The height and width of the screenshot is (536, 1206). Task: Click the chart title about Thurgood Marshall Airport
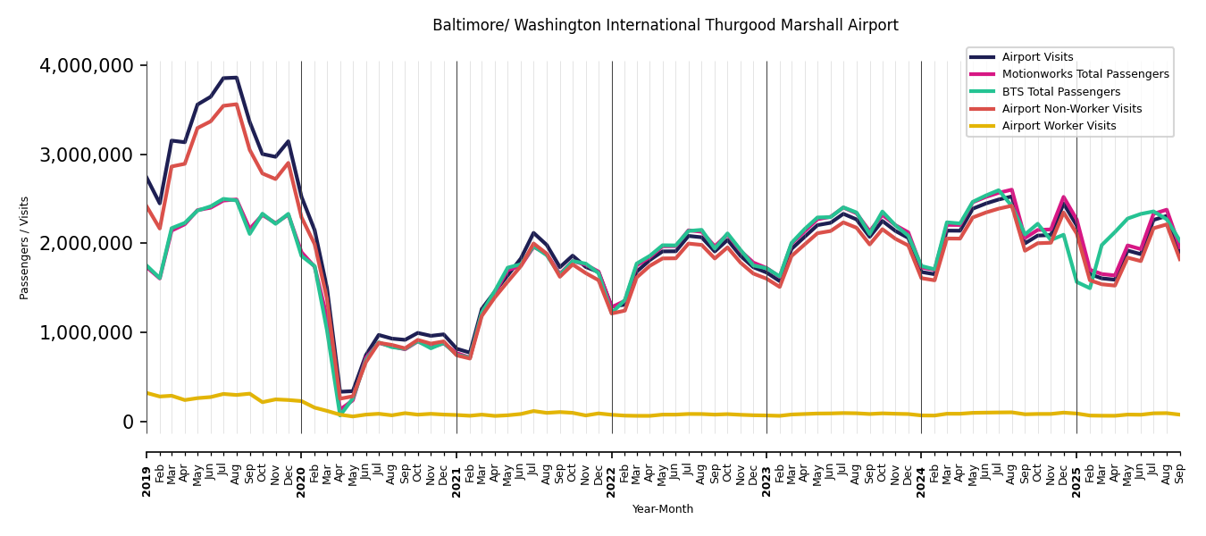(x=665, y=26)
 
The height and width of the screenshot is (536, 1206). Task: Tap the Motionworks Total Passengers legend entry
(x=1085, y=74)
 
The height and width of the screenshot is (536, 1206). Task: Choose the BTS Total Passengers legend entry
(x=1060, y=92)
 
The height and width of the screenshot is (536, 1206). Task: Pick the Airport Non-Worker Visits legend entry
(x=1071, y=109)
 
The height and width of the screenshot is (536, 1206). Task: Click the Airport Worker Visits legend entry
(x=1059, y=126)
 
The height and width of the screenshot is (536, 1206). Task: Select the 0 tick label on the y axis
(x=128, y=422)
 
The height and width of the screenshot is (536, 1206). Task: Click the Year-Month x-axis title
(x=662, y=509)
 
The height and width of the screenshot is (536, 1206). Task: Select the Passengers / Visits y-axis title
(x=25, y=247)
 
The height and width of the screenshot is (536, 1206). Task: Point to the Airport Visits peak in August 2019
(x=237, y=78)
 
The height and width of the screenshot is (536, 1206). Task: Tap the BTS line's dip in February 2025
(x=1089, y=288)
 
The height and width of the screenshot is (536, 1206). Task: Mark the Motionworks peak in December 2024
(x=1063, y=197)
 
